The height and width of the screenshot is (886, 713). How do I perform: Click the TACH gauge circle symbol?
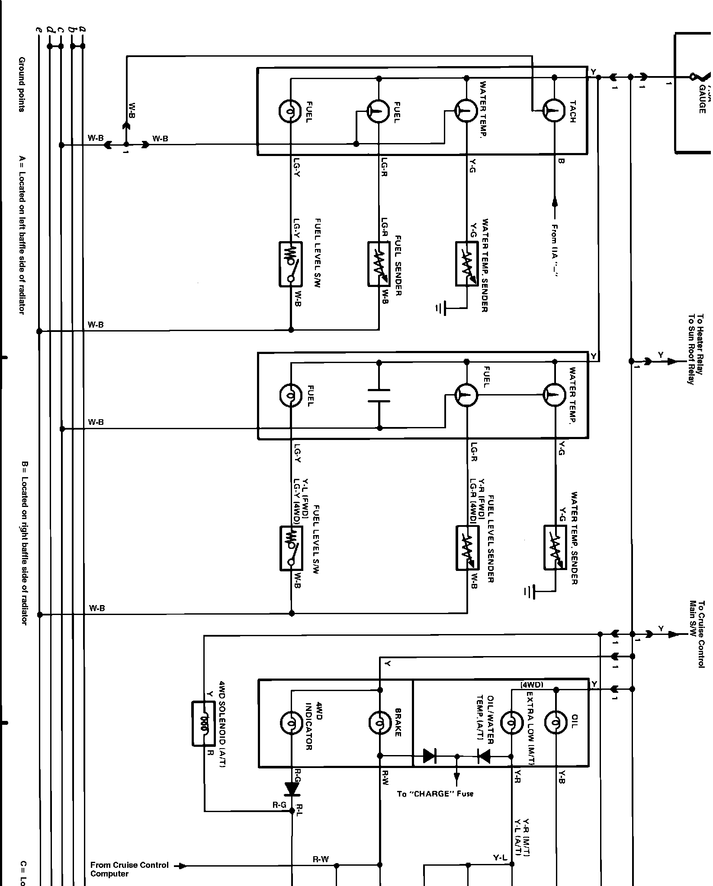tap(554, 111)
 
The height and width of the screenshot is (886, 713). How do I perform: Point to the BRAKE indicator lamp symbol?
tap(379, 722)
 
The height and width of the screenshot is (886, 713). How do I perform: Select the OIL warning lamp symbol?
tap(556, 722)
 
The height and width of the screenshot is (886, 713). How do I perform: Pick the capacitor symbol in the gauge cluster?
tap(379, 395)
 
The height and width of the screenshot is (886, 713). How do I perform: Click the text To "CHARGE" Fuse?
tap(435, 794)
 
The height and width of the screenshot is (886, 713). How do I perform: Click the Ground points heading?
tap(22, 84)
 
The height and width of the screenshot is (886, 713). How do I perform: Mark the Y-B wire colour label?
tap(561, 776)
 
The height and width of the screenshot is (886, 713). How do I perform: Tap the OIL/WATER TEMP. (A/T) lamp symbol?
tap(511, 722)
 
